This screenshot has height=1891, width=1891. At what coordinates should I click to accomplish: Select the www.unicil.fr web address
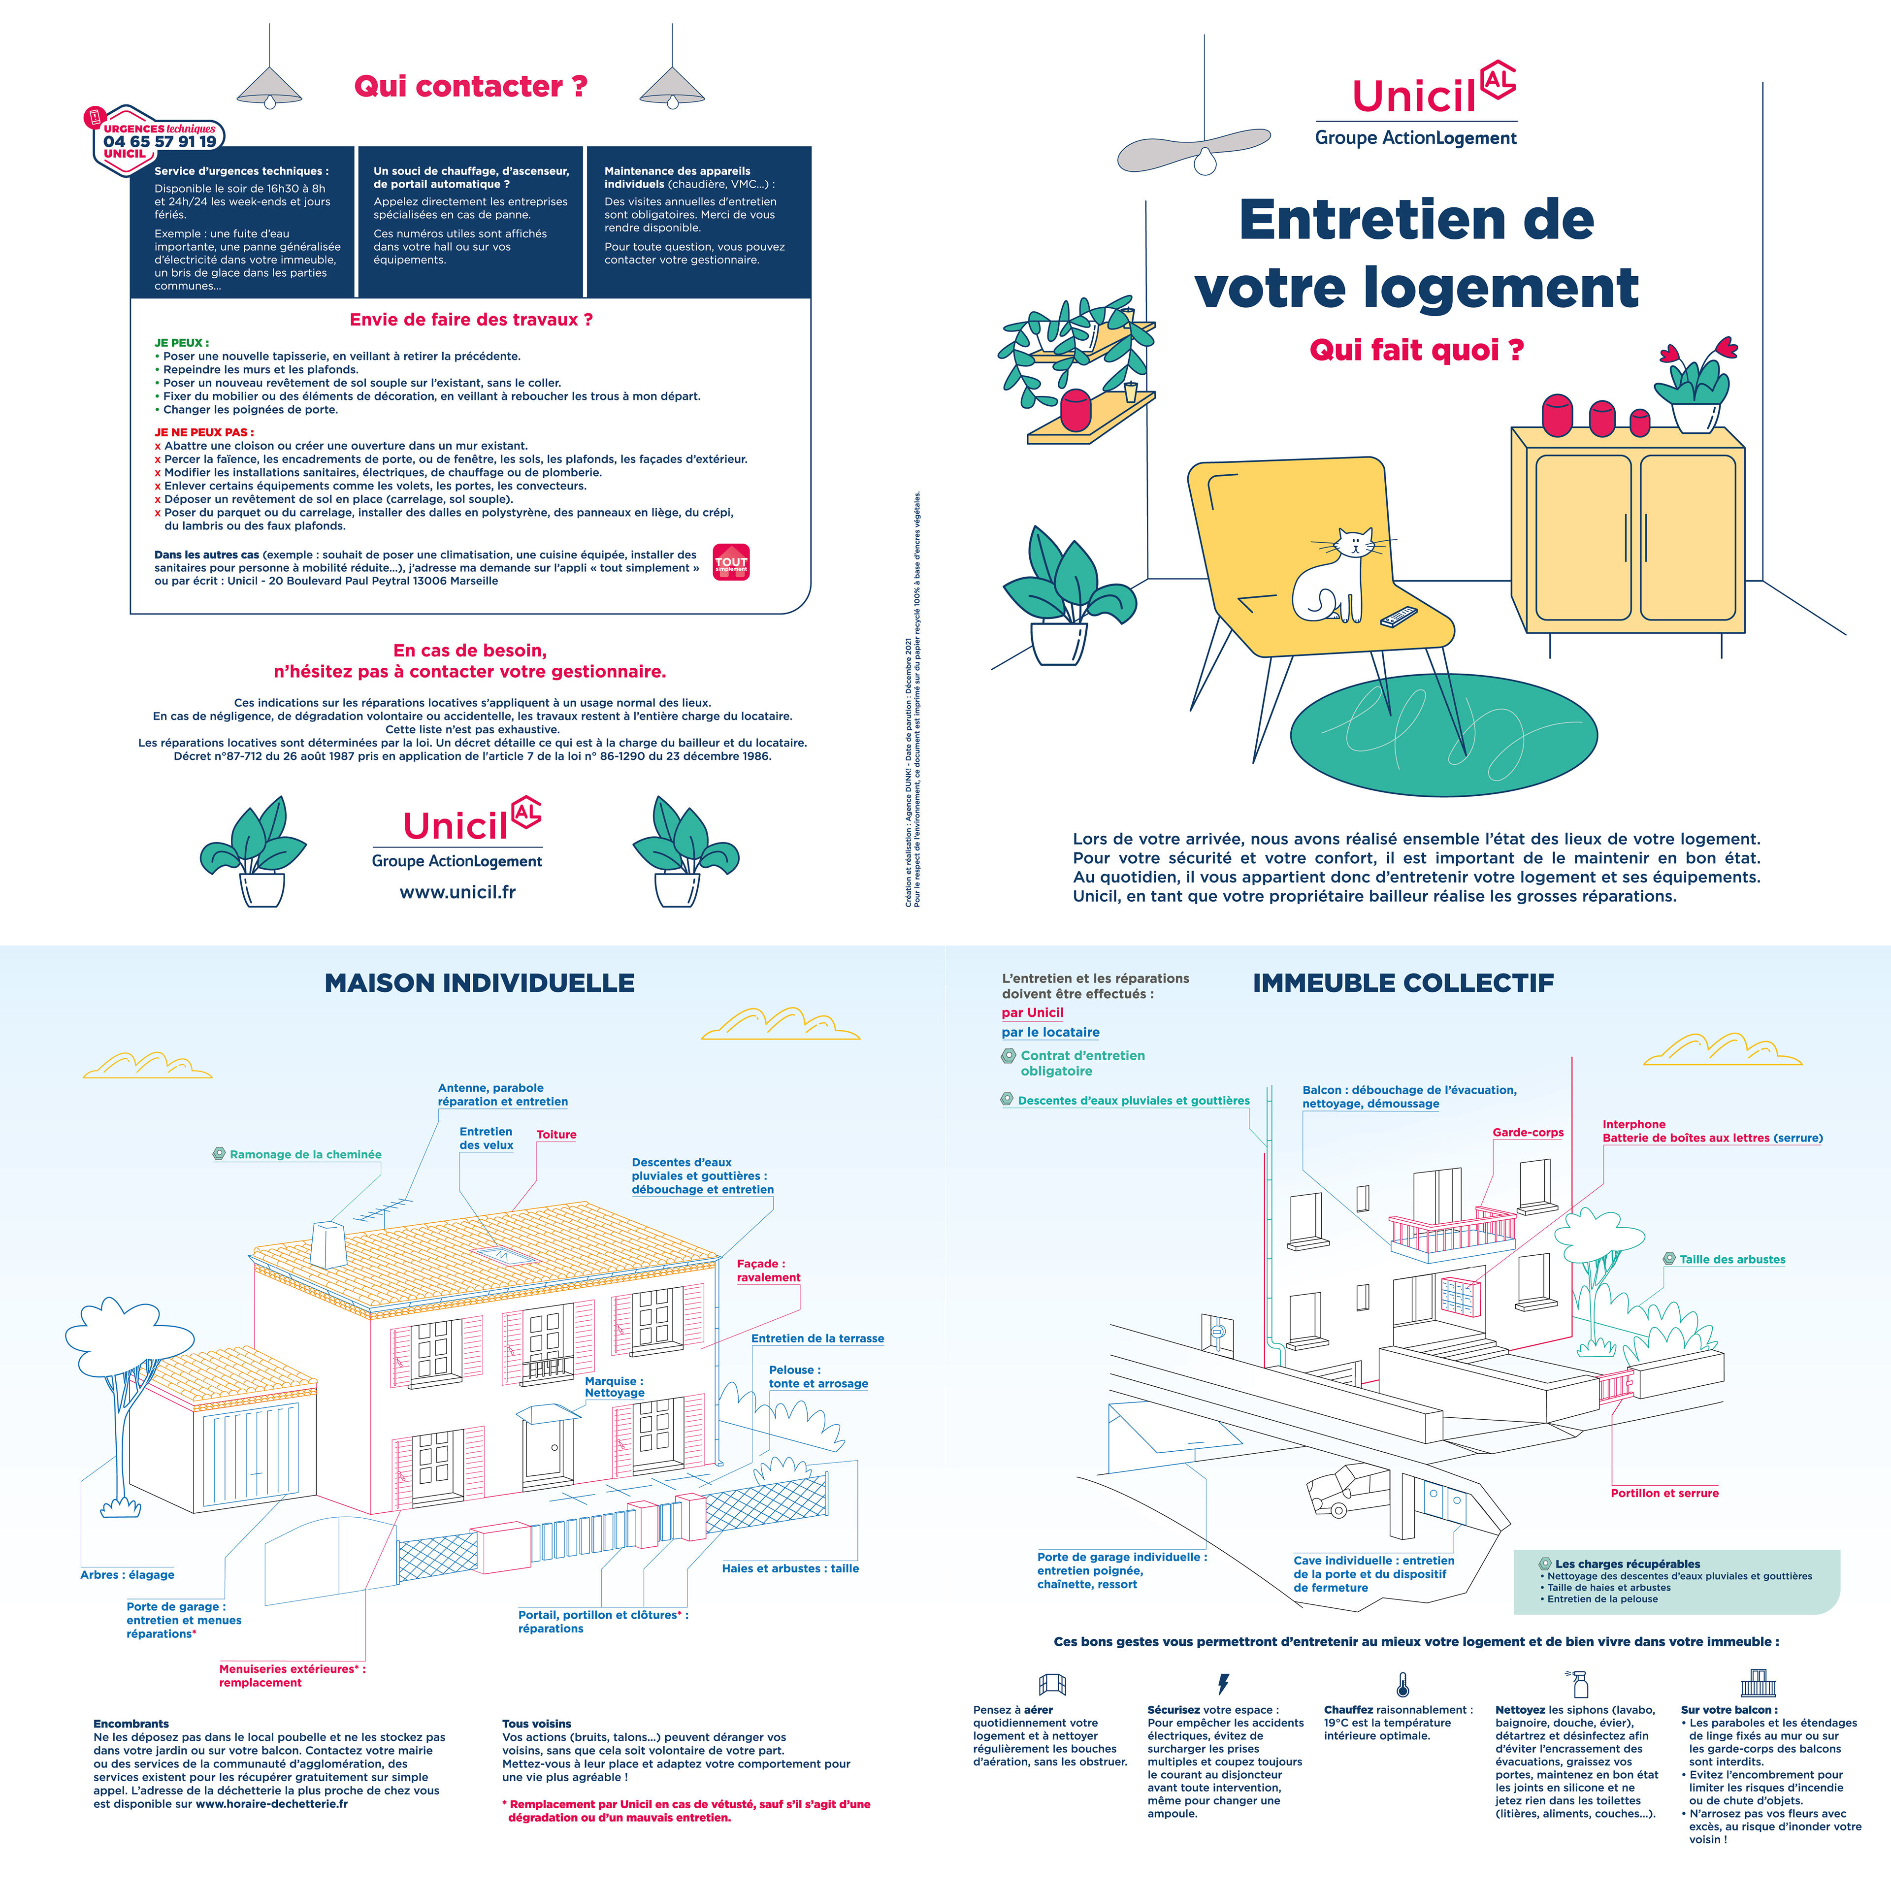[x=457, y=892]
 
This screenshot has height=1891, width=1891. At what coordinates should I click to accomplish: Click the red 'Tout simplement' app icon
[x=731, y=562]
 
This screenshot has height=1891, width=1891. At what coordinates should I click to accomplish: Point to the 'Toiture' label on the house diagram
[x=556, y=1135]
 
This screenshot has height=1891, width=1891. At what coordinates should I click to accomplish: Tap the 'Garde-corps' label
[x=1527, y=1133]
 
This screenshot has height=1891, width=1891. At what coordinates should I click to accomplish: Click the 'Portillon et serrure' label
[x=1664, y=1493]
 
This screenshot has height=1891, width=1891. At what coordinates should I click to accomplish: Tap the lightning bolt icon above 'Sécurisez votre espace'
[x=1222, y=1684]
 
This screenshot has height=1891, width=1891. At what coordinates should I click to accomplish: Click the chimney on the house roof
[x=327, y=1244]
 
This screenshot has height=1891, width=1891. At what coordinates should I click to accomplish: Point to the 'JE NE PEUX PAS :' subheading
[x=203, y=432]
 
